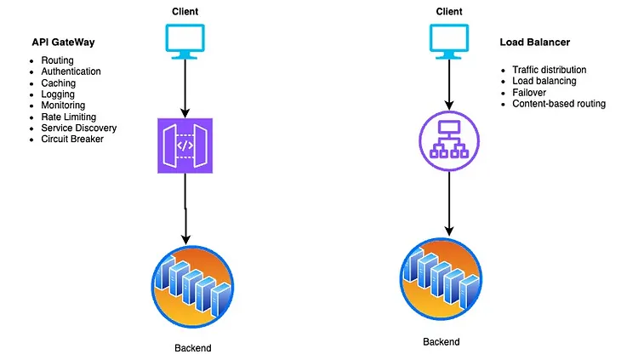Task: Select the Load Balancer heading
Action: coord(533,42)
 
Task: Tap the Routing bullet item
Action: coord(58,61)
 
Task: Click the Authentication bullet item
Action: coord(71,72)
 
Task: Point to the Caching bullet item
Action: coord(59,83)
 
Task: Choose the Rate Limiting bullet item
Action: coord(68,117)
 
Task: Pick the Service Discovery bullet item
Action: coord(79,128)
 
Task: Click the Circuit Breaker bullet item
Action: coord(72,139)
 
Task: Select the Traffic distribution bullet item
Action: coord(550,70)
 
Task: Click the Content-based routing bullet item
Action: coord(559,103)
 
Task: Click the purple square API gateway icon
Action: coord(184,146)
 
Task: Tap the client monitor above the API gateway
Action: coord(184,43)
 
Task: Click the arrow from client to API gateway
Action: coord(184,89)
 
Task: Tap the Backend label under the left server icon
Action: coord(192,348)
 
